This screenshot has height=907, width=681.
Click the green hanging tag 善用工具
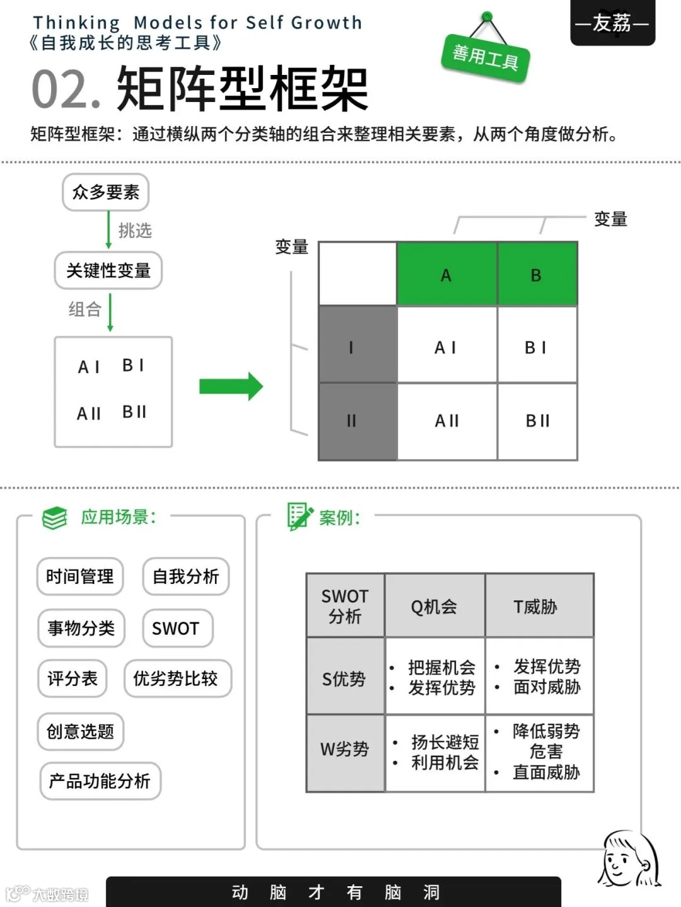tap(485, 57)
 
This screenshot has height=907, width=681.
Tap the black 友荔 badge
tap(612, 23)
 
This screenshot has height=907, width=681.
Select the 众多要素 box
tap(105, 192)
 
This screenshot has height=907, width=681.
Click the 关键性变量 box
tap(108, 271)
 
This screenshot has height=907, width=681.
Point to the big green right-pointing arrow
tap(230, 386)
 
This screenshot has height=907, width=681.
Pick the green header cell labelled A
tap(446, 275)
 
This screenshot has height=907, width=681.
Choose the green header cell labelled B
tap(537, 275)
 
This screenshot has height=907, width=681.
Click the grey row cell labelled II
tap(358, 421)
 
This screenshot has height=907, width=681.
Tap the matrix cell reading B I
tap(537, 347)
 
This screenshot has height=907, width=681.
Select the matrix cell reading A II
tap(447, 421)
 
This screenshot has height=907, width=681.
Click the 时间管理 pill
tap(80, 576)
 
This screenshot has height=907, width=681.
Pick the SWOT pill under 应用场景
tap(176, 628)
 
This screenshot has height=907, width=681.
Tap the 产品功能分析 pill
tap(100, 781)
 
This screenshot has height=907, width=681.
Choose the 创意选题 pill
tap(80, 731)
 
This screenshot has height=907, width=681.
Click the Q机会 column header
tap(434, 606)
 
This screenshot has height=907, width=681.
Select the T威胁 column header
tap(538, 606)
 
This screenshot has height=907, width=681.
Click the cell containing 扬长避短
tap(435, 752)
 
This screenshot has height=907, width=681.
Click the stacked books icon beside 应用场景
tap(55, 518)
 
